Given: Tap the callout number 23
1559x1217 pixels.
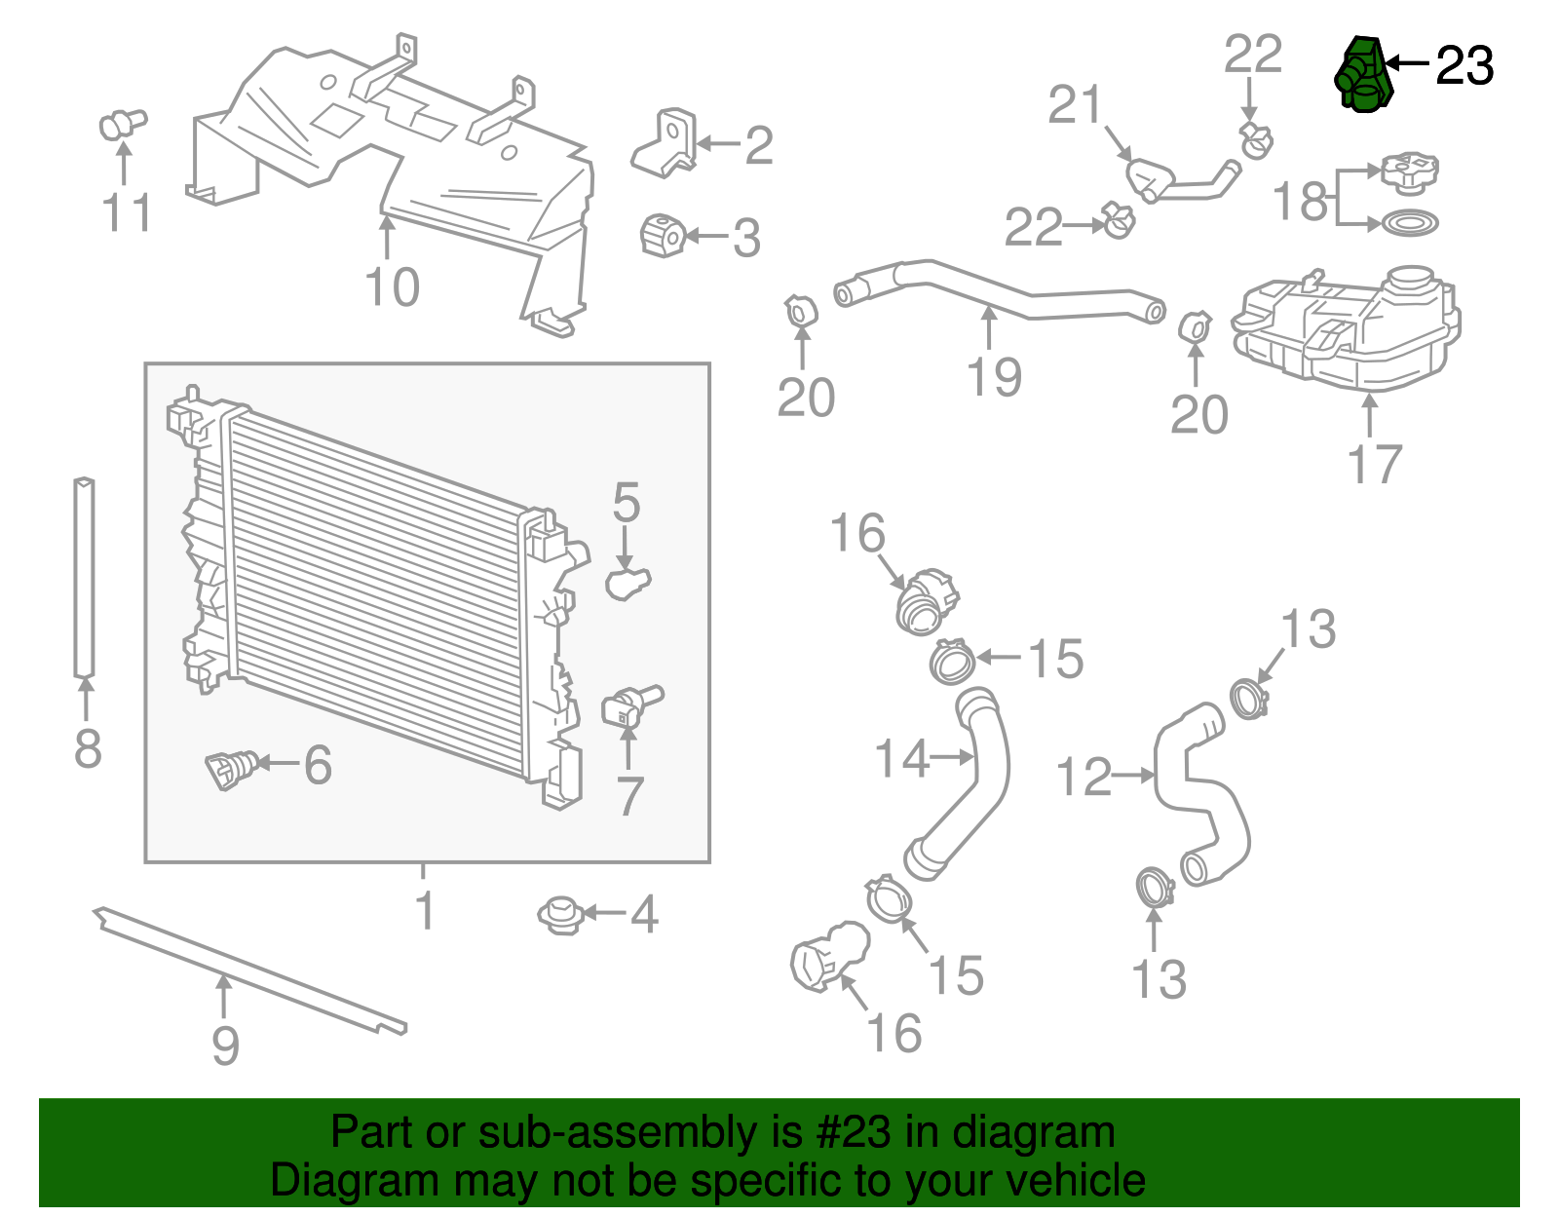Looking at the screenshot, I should coord(1464,66).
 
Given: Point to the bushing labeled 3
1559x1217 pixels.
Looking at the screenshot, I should coord(663,235).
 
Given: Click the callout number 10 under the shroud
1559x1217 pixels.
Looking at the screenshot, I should coord(392,287).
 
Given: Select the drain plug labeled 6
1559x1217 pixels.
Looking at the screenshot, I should coord(230,769).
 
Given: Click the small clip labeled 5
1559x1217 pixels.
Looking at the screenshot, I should coord(627,583).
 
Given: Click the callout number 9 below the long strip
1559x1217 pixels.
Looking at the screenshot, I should coord(225,1045).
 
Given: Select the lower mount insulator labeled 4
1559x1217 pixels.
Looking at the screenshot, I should coord(560,915).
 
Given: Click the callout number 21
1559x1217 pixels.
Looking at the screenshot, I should coord(1074,105).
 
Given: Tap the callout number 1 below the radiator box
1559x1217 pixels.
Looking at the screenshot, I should coord(424,910).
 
